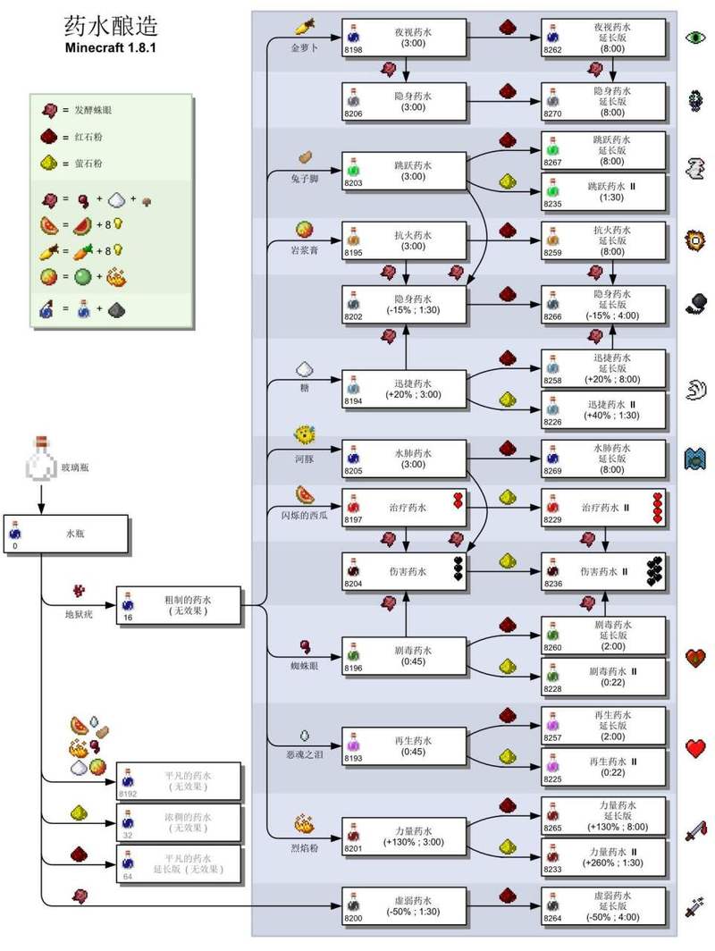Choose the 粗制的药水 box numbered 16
click(x=179, y=604)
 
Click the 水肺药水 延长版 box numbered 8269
click(x=603, y=458)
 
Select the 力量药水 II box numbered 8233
click(x=603, y=857)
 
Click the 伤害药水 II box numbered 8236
click(x=603, y=570)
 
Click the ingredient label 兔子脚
click(x=304, y=179)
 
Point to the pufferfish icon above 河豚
click(x=304, y=435)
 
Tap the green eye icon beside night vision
click(x=695, y=38)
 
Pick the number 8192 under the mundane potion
click(x=128, y=793)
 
